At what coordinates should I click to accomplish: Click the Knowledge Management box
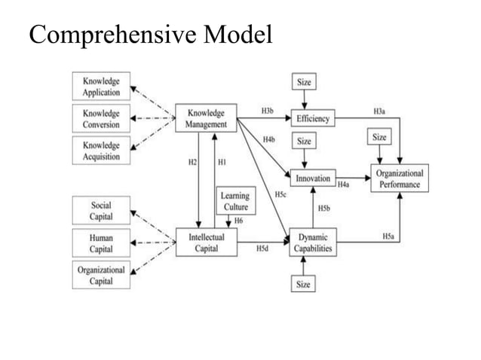(x=206, y=118)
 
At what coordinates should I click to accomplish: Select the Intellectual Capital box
(x=206, y=242)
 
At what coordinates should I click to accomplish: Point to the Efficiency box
(x=312, y=119)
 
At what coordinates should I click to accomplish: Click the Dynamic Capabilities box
(x=312, y=242)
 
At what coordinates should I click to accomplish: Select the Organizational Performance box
(x=399, y=178)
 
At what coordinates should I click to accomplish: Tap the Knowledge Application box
(x=100, y=87)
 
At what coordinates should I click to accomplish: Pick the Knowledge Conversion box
(x=100, y=118)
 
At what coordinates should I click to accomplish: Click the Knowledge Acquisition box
(x=100, y=151)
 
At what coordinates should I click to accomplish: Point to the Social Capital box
(x=100, y=210)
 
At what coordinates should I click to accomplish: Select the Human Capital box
(x=100, y=242)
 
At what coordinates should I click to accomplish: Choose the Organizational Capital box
(x=100, y=274)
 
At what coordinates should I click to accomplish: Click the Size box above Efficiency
(x=303, y=82)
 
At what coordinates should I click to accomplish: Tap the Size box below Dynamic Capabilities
(x=303, y=283)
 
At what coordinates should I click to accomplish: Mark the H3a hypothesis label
(x=380, y=111)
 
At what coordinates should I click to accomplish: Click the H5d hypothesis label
(x=263, y=248)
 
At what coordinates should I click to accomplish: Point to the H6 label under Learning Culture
(x=238, y=221)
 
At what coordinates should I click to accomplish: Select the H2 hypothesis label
(x=191, y=162)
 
